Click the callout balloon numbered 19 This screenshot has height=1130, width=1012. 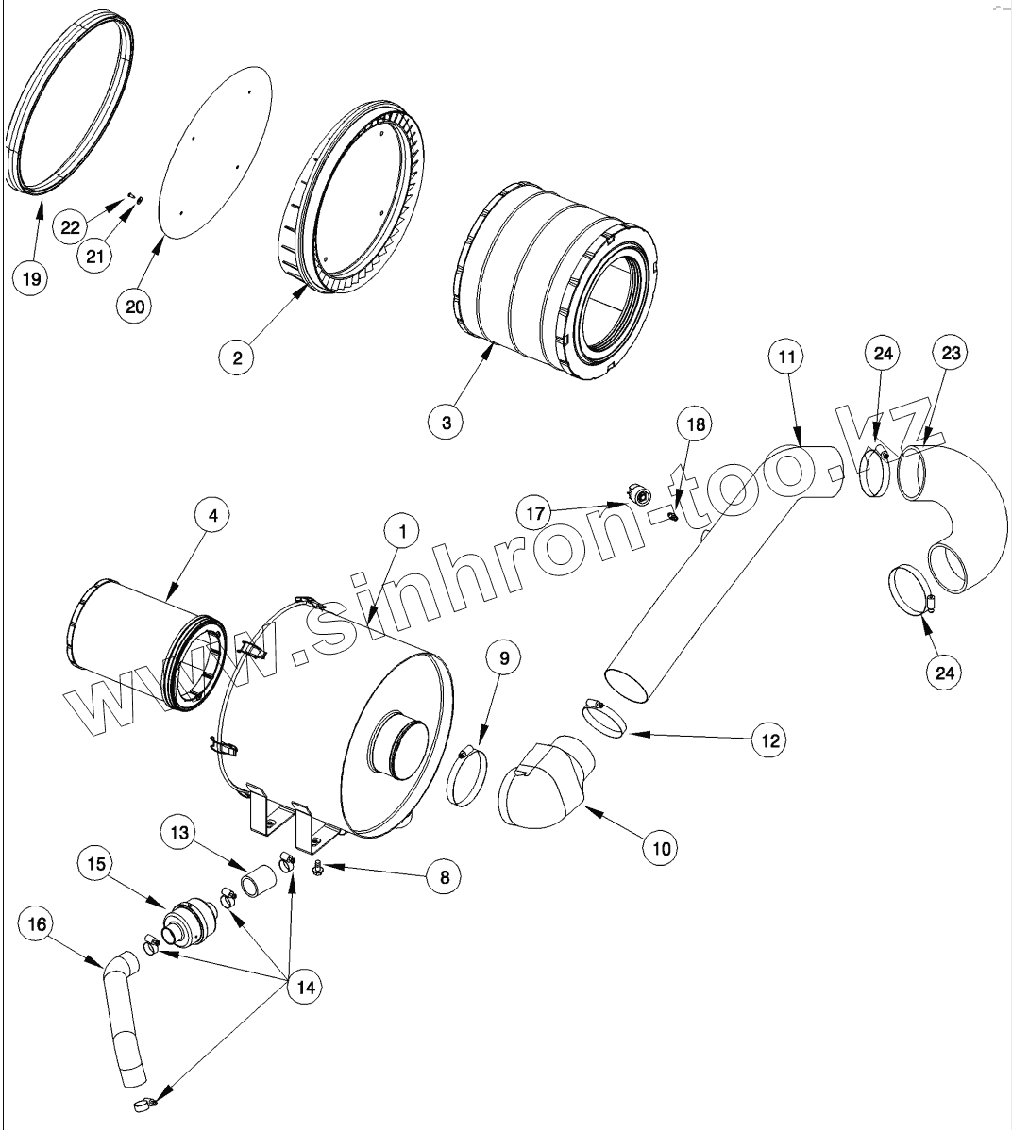[x=31, y=279]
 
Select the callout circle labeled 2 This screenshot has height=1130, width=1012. [x=236, y=357]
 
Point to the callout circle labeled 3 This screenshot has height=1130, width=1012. [x=446, y=423]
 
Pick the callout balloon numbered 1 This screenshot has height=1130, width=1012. [x=402, y=533]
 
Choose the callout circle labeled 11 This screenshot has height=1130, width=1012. [x=787, y=357]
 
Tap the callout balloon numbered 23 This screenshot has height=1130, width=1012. [x=951, y=355]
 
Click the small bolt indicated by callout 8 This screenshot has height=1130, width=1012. [x=318, y=866]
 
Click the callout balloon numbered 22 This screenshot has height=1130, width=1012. [x=72, y=227]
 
